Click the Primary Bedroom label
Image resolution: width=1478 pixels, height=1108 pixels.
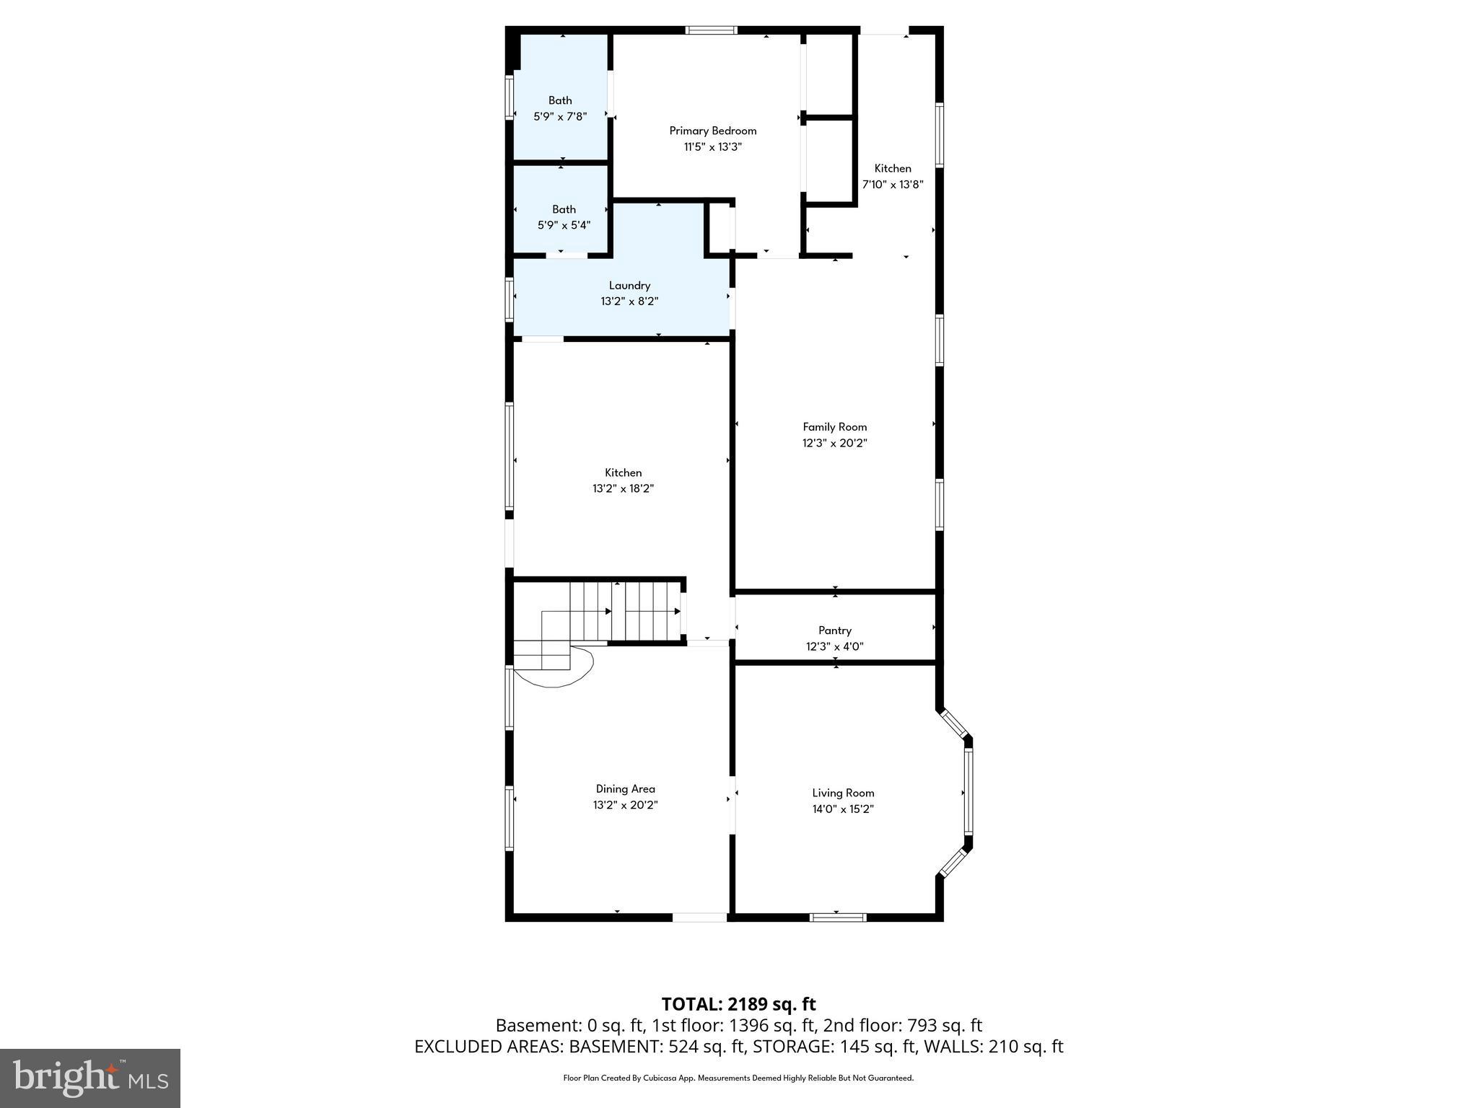pos(712,131)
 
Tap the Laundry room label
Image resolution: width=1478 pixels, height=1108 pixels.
pos(629,286)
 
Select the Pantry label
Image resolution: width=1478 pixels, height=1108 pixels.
pos(834,630)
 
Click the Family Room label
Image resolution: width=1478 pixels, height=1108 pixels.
pos(834,427)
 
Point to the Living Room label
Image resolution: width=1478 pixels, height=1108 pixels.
pos(843,793)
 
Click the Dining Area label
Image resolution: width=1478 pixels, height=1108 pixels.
pos(625,789)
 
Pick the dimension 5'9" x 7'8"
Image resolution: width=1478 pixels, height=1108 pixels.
pos(560,116)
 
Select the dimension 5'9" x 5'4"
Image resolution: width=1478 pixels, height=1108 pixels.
pos(564,225)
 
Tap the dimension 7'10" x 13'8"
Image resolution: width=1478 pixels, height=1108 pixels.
pos(893,185)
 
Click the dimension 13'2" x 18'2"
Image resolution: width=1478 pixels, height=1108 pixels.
pos(623,489)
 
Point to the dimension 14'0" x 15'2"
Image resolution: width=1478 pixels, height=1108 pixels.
pos(843,809)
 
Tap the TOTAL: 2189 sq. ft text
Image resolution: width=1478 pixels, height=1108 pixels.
pos(738,1004)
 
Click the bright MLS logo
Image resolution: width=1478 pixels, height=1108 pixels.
pos(90,1078)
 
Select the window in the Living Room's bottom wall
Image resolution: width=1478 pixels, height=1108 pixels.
pos(836,918)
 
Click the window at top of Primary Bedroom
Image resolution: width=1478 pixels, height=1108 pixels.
pos(710,30)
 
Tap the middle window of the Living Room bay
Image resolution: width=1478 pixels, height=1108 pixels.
pos(968,792)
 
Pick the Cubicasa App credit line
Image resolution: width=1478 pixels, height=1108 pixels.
pos(738,1078)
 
